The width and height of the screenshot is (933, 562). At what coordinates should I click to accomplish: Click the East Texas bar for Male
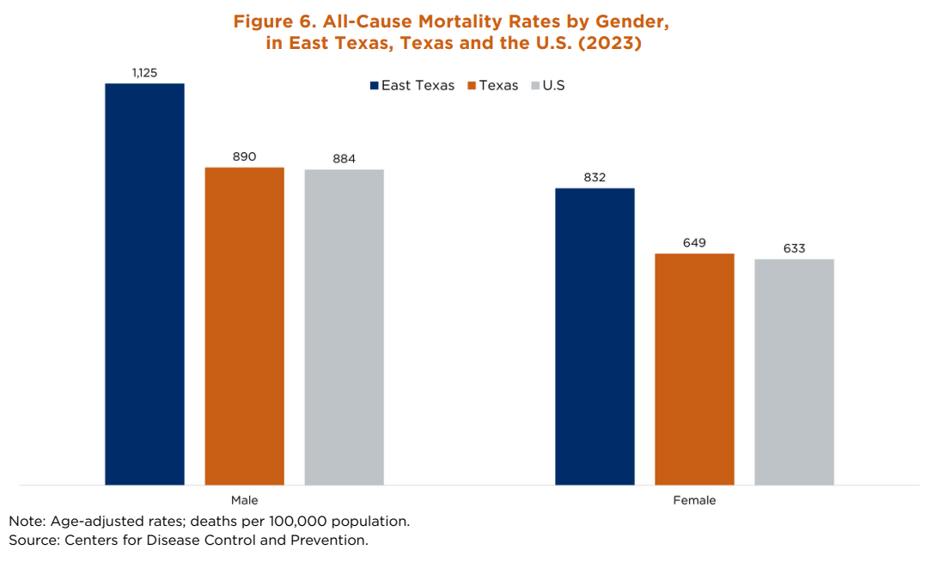144,284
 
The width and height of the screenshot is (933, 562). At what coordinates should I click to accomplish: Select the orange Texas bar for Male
244,326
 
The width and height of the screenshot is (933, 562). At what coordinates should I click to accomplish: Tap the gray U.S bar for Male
344,327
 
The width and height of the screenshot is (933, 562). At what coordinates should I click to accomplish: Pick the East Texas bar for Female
595,336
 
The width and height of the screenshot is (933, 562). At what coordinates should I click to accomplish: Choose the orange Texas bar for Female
694,369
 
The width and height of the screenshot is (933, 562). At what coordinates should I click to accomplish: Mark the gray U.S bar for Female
794,371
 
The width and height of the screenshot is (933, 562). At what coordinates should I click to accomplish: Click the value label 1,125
144,73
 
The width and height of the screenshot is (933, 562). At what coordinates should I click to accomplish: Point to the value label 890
244,156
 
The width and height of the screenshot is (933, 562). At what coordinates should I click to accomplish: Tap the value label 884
344,159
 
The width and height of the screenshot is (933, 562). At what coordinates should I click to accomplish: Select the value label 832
595,178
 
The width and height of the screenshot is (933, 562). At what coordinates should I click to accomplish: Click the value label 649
694,243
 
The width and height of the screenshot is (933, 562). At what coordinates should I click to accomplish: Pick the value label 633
794,248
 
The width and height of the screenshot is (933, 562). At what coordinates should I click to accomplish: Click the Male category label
244,500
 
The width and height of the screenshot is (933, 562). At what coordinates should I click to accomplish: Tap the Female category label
694,500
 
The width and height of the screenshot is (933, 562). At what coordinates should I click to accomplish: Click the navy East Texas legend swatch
375,86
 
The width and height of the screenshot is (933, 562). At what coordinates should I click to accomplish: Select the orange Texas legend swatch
473,86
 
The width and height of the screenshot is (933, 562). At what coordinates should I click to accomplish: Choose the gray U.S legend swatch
536,86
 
